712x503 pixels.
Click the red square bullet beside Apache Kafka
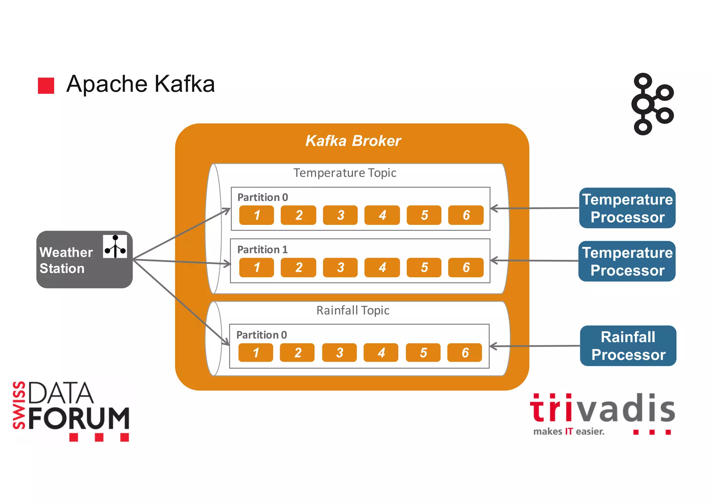tap(46, 86)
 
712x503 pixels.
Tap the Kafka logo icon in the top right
tap(652, 104)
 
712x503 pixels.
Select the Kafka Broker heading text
tap(353, 141)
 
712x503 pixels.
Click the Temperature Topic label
tap(345, 173)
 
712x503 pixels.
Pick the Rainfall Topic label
tap(353, 310)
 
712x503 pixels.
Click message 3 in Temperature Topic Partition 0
tap(340, 215)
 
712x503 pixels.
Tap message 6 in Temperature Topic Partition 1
tap(466, 267)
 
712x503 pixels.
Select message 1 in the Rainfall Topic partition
tap(256, 352)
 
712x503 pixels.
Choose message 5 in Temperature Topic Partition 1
tap(424, 267)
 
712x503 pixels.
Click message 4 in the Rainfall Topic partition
tap(381, 352)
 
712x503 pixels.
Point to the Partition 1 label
tap(262, 250)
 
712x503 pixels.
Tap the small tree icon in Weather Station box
tap(115, 246)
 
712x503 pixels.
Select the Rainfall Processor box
tap(628, 346)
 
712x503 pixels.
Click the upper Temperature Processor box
tap(627, 208)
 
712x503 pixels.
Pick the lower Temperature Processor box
tap(627, 261)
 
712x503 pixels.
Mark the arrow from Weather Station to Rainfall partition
tap(181, 302)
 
